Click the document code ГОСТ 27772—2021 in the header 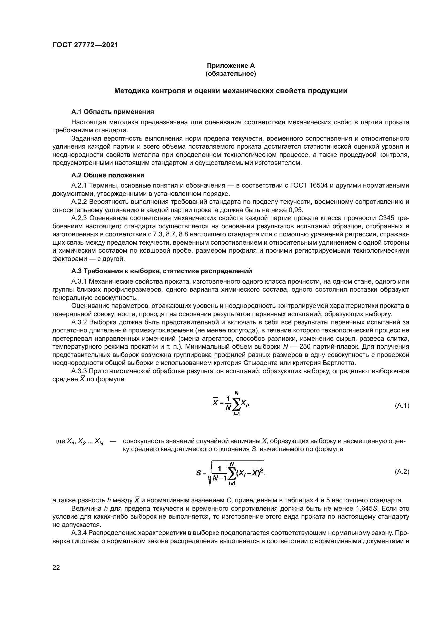click(85, 45)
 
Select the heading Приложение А click(231, 66)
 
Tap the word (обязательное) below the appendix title click(231, 74)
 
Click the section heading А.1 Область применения click(113, 112)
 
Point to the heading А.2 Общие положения click(108, 175)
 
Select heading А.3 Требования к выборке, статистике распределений click(162, 271)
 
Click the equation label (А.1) click(402, 406)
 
